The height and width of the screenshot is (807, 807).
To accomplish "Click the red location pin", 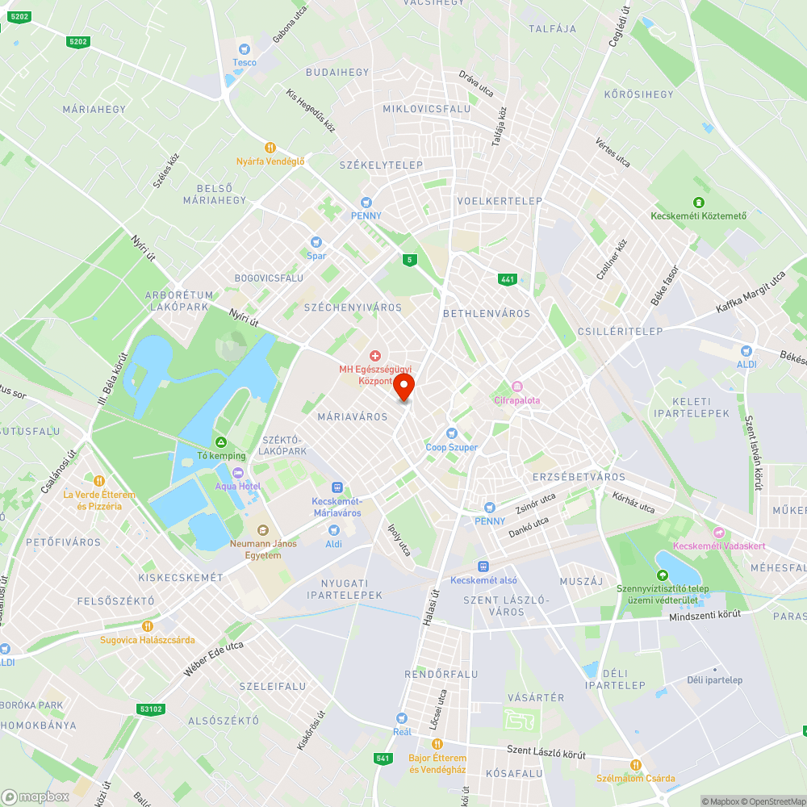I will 403,386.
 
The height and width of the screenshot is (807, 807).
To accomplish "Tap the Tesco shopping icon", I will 245,49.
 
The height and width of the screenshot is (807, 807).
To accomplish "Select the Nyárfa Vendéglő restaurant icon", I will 270,148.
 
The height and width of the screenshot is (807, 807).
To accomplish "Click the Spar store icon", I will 316,242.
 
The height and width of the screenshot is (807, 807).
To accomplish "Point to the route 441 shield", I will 507,279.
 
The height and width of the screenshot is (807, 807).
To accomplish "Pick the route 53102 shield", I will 151,709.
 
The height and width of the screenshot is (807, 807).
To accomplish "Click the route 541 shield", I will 383,759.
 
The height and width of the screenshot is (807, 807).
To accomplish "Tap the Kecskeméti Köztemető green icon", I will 699,202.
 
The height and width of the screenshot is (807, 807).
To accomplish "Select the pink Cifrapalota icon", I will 517,387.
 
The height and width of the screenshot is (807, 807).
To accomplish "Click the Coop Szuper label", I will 452,447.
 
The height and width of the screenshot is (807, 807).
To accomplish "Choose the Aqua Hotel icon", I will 237,473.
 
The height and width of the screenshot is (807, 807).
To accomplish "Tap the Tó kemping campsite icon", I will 220,442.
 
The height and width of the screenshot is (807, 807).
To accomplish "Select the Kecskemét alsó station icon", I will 483,567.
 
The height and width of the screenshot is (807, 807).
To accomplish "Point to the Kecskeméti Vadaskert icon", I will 718,533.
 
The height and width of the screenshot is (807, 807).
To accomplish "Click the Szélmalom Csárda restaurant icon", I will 635,764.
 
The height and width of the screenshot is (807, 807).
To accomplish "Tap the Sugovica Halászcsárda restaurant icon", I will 147,625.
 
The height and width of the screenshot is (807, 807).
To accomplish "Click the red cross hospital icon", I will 374,355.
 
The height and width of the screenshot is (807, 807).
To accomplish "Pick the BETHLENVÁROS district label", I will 487,313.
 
